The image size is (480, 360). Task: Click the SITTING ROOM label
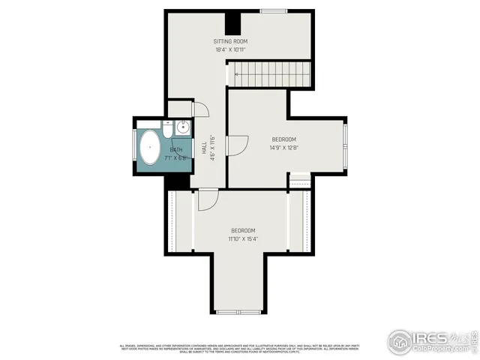tap(230, 41)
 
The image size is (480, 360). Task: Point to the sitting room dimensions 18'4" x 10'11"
tap(230, 50)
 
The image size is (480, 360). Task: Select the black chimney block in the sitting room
tap(232, 21)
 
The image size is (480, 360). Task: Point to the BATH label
tap(176, 150)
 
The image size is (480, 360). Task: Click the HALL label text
tap(203, 148)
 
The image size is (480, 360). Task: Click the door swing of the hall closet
tap(199, 109)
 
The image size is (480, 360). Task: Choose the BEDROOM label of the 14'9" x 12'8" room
tap(283, 139)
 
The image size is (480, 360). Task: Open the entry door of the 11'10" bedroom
tap(207, 199)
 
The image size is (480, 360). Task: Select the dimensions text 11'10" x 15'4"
tap(243, 239)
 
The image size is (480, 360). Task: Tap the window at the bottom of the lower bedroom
tap(238, 311)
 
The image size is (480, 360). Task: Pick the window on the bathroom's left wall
tap(135, 148)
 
